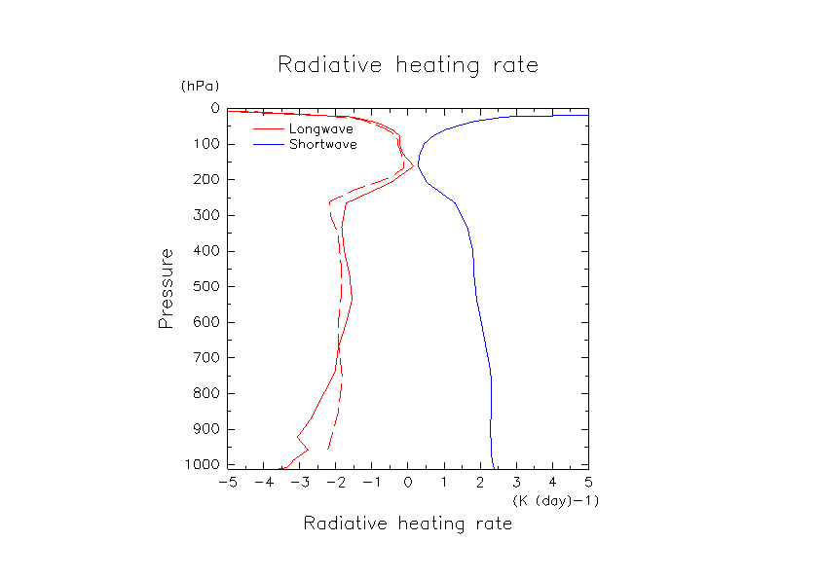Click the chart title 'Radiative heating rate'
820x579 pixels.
pos(408,65)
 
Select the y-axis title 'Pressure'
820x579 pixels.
pos(167,288)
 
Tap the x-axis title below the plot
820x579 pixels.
pos(408,524)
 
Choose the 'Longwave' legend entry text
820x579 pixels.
pos(321,128)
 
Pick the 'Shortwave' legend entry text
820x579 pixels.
pos(323,144)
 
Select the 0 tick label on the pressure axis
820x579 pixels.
pos(213,109)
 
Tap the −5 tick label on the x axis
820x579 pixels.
pos(228,482)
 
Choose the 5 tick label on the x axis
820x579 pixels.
pos(588,482)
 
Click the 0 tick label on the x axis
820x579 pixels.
pos(408,482)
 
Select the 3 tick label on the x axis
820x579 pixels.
pos(516,482)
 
